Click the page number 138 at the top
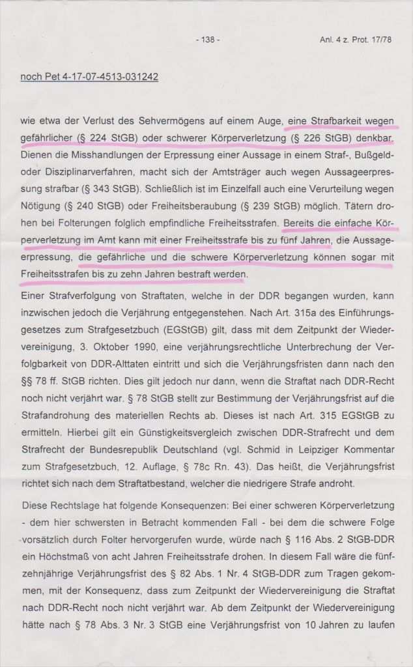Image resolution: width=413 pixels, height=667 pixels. coord(207,40)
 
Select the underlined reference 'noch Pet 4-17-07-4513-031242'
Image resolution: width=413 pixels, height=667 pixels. coord(89,77)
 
